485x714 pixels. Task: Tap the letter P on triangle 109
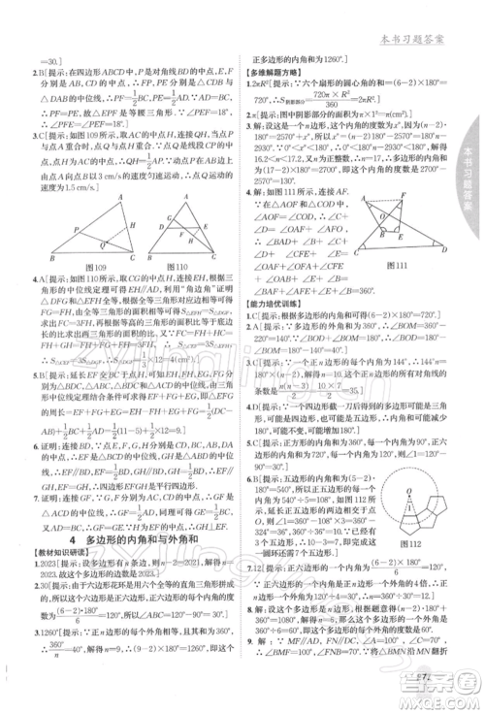(x=60, y=227)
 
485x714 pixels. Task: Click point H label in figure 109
(x=96, y=248)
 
